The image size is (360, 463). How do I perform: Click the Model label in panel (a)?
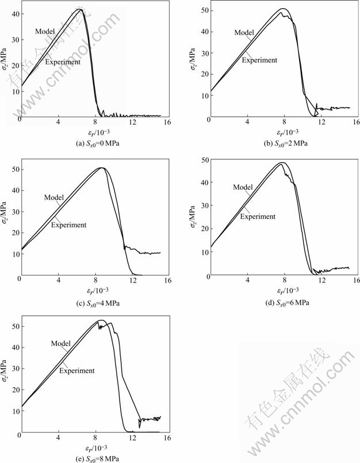click(x=44, y=31)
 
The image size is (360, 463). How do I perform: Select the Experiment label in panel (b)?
click(x=259, y=60)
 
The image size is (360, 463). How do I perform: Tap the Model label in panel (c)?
click(x=53, y=197)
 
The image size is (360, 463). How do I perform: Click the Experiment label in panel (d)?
click(x=258, y=216)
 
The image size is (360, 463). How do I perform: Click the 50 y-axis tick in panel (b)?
click(x=205, y=10)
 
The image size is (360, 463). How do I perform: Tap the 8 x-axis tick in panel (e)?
click(x=96, y=437)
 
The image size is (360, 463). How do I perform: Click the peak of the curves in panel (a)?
click(x=81, y=9)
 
